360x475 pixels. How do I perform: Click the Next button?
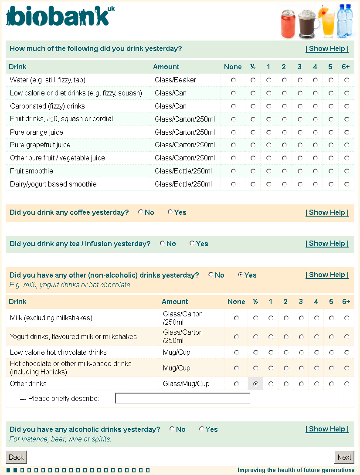tap(344, 457)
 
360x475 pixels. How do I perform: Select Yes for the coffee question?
tap(170, 212)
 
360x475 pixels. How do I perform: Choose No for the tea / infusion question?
tap(162, 244)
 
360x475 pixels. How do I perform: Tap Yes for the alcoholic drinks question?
tap(201, 429)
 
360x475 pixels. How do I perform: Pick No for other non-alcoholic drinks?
tap(211, 275)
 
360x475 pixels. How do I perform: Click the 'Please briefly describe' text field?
tap(182, 398)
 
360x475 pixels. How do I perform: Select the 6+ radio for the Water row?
tap(346, 80)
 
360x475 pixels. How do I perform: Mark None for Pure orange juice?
tap(233, 132)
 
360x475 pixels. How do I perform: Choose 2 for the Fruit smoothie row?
tap(284, 171)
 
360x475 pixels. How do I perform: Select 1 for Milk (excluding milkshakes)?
tap(271, 318)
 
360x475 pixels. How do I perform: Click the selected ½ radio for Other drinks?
tap(255, 384)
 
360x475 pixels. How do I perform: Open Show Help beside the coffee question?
tap(327, 213)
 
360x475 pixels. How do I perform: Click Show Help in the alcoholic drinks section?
tap(327, 429)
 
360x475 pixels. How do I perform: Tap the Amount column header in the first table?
tap(166, 67)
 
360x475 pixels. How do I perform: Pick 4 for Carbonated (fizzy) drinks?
tap(315, 106)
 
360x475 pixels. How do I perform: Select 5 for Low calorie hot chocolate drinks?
tap(331, 353)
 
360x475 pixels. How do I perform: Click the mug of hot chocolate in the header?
tap(308, 25)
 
